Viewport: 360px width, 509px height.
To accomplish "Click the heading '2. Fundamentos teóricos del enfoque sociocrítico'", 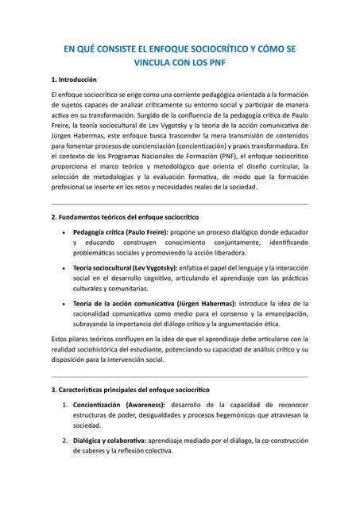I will point(124,216).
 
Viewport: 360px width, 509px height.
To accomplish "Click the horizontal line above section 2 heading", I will point(180,204).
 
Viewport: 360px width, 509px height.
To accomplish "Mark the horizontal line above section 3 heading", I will point(180,377).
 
